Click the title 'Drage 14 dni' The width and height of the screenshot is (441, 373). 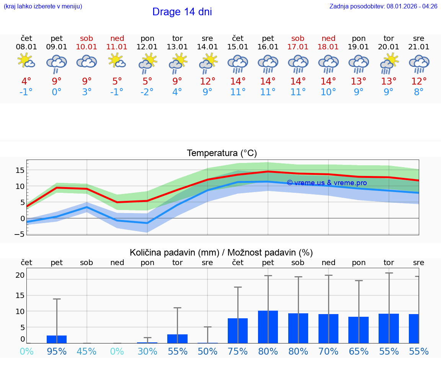pyautogui.click(x=182, y=12)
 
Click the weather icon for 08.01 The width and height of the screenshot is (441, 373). pyautogui.click(x=26, y=61)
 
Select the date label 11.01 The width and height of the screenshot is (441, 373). pyautogui.click(x=117, y=47)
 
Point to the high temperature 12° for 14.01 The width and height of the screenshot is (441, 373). pyautogui.click(x=207, y=81)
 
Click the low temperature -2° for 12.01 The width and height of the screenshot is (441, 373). pyautogui.click(x=147, y=92)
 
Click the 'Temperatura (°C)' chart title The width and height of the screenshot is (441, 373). pyautogui.click(x=222, y=153)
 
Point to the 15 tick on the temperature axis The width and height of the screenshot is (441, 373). pyautogui.click(x=20, y=170)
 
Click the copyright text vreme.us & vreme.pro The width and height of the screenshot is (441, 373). pyautogui.click(x=327, y=183)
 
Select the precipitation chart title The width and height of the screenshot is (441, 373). pyautogui.click(x=221, y=252)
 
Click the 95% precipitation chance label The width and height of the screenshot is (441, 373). pyautogui.click(x=57, y=351)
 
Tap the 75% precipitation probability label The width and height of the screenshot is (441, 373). pyautogui.click(x=238, y=351)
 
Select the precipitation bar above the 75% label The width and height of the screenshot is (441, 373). pyautogui.click(x=238, y=331)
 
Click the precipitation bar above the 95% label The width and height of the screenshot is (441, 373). pyautogui.click(x=57, y=339)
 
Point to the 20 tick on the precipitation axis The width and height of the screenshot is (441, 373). pyautogui.click(x=20, y=275)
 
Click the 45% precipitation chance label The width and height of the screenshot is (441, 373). pyautogui.click(x=87, y=351)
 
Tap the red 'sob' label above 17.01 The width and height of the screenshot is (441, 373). pyautogui.click(x=298, y=38)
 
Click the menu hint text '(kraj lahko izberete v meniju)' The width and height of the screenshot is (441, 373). pyautogui.click(x=43, y=6)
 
